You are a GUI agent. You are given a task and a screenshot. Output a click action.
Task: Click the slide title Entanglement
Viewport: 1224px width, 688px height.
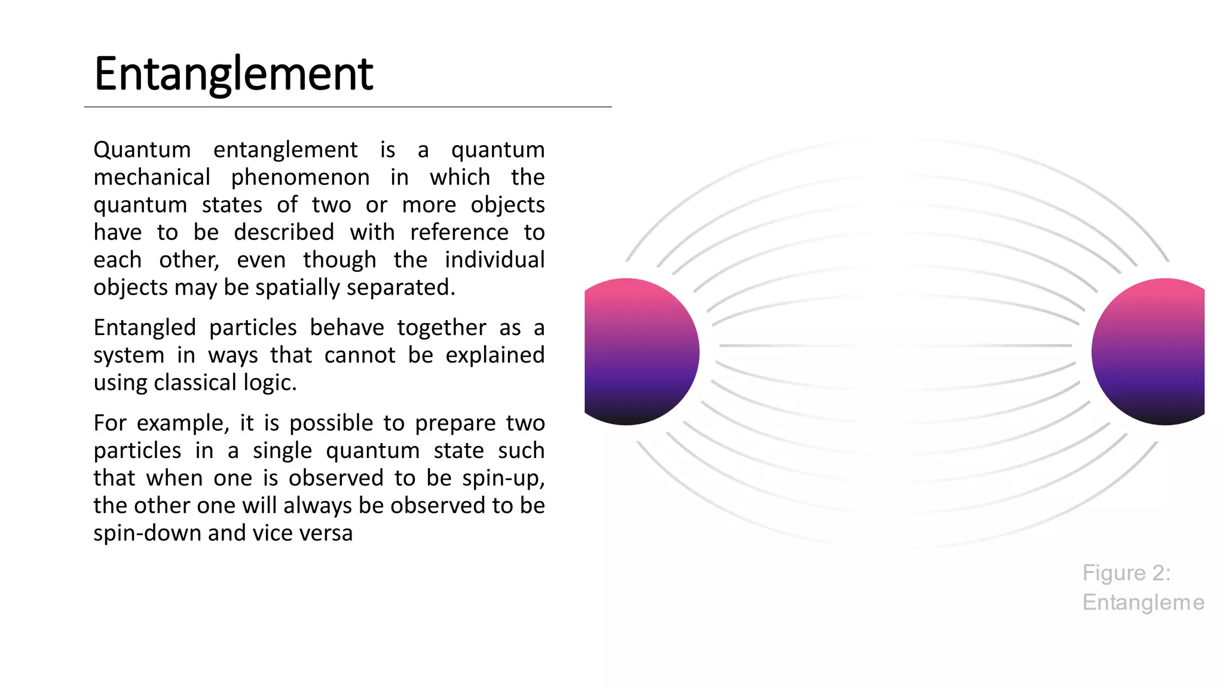233,74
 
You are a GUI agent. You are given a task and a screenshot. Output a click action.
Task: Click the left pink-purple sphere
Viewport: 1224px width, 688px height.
639,352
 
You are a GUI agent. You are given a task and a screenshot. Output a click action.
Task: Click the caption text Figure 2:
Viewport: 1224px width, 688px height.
1126,573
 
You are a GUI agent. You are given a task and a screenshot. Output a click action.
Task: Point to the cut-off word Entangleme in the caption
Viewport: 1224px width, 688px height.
1143,602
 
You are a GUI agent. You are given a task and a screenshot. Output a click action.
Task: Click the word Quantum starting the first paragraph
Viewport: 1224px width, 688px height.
142,149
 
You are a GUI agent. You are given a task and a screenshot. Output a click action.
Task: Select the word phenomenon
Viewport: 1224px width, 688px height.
300,177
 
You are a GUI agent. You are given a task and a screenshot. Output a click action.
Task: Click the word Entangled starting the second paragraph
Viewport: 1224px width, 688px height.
145,328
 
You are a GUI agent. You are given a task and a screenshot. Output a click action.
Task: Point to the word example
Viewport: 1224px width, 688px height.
182,423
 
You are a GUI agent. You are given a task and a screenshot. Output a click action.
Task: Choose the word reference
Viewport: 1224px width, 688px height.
459,232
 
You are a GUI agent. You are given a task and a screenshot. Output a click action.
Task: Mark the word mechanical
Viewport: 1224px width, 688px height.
152,177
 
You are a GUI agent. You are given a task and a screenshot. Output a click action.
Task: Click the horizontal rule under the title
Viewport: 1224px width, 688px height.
347,107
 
